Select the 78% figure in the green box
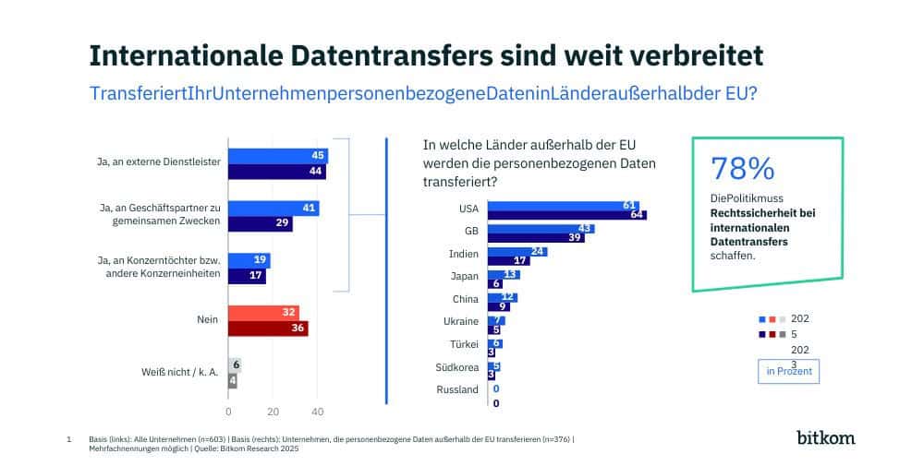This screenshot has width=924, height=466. click(742, 169)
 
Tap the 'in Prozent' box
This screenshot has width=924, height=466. click(788, 371)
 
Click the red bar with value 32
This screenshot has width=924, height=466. click(263, 313)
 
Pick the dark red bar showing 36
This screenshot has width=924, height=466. click(268, 329)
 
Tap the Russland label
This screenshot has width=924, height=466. click(457, 389)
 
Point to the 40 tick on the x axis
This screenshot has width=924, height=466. click(317, 411)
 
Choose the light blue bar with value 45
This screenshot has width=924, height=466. click(278, 156)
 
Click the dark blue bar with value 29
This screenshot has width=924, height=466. click(261, 224)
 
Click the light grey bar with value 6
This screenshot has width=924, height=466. click(235, 365)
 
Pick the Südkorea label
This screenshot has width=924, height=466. click(456, 367)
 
